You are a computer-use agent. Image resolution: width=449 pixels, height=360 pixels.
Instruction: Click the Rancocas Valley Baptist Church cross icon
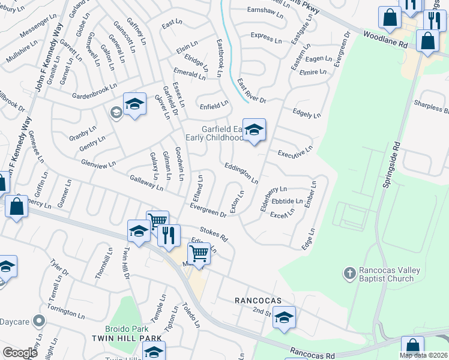349,274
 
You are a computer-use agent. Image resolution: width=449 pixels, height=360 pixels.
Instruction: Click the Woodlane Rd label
385,41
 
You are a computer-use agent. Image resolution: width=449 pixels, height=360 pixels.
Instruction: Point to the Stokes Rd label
214,233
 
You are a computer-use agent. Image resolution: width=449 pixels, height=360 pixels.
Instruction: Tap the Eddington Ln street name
241,173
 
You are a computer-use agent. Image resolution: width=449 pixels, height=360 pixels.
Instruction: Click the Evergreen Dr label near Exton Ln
208,210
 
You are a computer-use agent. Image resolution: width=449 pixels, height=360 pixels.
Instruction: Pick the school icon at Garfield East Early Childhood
254,130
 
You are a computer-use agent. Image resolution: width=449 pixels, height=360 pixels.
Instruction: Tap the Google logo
20,353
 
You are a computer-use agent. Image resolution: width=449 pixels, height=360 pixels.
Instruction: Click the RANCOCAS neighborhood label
258,299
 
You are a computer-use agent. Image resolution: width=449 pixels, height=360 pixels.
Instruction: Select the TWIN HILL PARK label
127,338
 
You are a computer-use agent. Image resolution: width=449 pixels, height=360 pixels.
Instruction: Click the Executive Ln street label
295,151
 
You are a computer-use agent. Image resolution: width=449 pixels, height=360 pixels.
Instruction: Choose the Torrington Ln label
66,312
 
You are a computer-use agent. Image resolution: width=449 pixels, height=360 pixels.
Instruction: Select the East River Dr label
251,91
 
